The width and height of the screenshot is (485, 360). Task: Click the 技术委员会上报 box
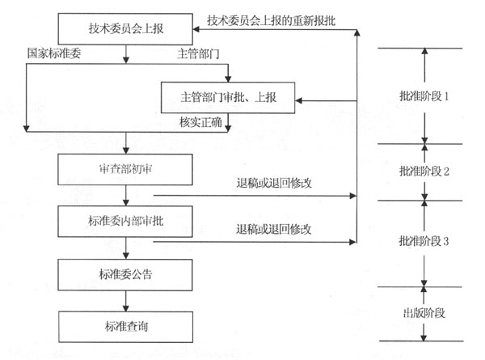tap(124, 30)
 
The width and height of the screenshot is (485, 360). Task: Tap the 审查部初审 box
tap(124, 169)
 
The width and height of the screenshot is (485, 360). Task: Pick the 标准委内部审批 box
tap(124, 221)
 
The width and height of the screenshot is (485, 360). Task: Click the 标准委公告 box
tap(124, 273)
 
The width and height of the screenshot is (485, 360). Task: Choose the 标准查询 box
tap(124, 325)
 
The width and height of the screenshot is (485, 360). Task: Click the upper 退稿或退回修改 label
tap(274, 183)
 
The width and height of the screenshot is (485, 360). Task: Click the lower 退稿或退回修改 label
tap(274, 229)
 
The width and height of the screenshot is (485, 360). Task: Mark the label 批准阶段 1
tap(424, 95)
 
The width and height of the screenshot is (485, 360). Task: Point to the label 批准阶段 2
tap(424, 172)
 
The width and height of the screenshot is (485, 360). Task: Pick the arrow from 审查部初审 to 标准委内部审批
tap(124, 195)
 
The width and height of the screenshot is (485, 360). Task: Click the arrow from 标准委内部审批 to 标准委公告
tap(124, 247)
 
